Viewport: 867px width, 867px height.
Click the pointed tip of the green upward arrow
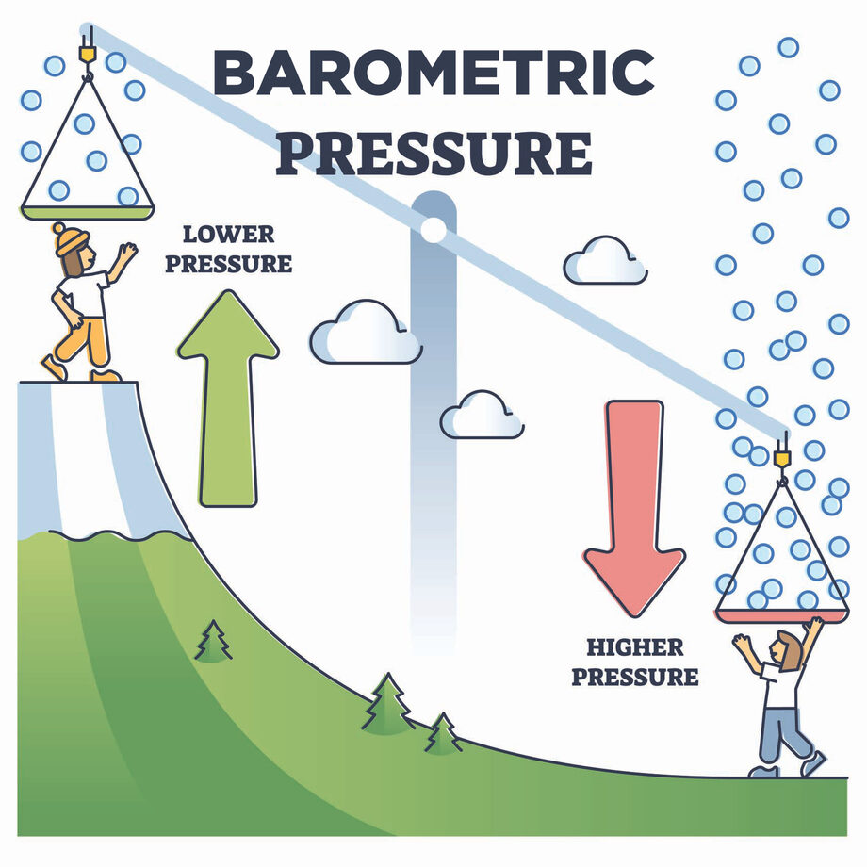tap(228, 291)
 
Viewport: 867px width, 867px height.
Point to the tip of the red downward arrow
tap(635, 616)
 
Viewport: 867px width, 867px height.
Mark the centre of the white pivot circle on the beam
tap(433, 229)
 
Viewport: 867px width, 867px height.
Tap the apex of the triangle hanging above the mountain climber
tap(87, 77)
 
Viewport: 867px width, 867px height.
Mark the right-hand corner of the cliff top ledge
tap(138, 382)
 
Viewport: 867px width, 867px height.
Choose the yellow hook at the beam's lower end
tap(782, 457)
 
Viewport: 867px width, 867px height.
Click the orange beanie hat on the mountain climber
tap(71, 238)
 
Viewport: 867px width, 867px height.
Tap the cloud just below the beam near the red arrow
tap(605, 260)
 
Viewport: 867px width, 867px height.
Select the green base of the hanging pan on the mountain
tap(88, 213)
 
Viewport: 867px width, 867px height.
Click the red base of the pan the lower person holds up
tap(782, 616)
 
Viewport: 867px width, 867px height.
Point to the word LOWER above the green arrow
tap(228, 235)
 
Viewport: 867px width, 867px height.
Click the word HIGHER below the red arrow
tap(635, 646)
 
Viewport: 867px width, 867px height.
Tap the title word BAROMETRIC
tap(434, 73)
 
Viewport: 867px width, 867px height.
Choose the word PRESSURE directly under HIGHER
tap(635, 677)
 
